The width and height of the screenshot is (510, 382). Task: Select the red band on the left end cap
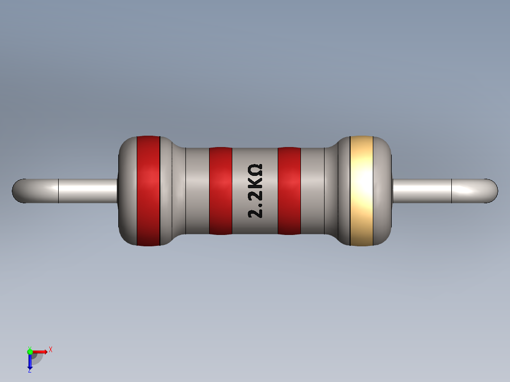(x=148, y=191)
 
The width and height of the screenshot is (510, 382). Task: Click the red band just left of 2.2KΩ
(x=220, y=191)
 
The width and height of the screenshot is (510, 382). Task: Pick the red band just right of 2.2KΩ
(x=289, y=191)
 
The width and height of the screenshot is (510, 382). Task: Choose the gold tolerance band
(x=361, y=191)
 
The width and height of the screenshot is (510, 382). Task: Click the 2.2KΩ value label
(x=255, y=191)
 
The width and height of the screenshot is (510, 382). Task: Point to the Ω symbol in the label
(x=255, y=170)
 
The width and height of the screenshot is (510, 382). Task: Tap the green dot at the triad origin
(x=30, y=351)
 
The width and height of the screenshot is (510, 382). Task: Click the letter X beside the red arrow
(x=51, y=349)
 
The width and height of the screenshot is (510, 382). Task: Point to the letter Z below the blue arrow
(x=29, y=371)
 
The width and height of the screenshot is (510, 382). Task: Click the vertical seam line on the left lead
(x=58, y=191)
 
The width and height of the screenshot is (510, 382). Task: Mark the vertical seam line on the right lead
(x=452, y=191)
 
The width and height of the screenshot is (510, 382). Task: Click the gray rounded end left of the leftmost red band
(x=127, y=191)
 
